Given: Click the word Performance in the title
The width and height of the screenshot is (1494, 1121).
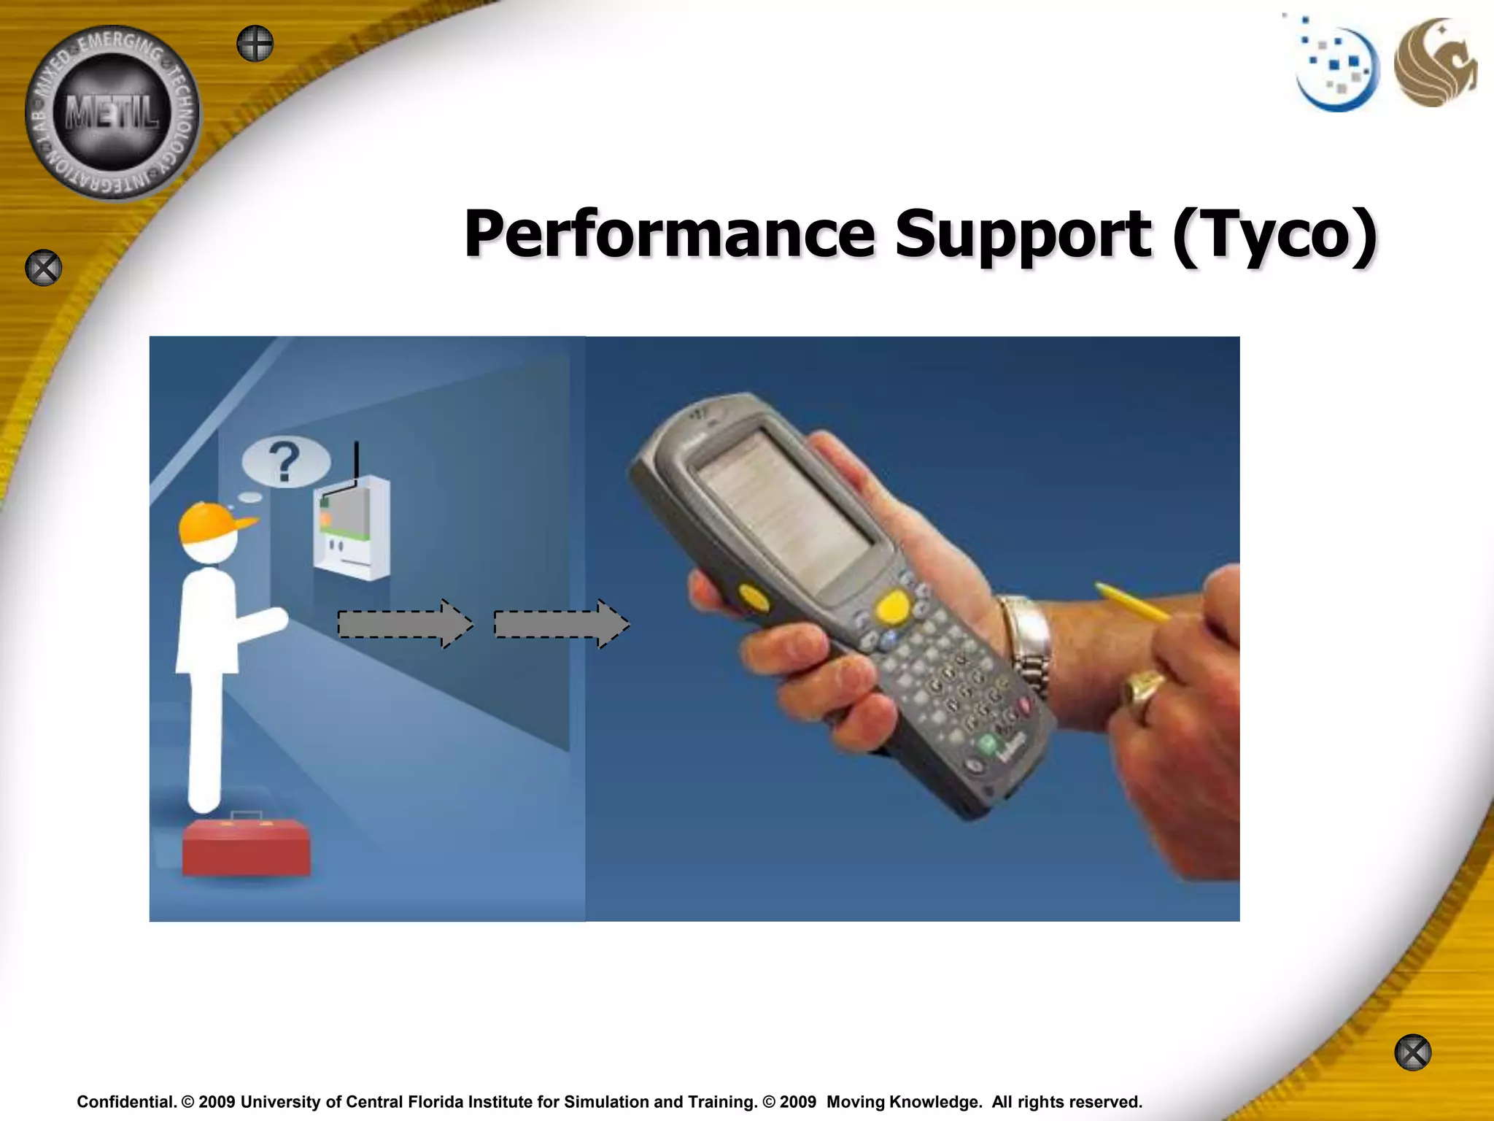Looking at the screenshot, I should pyautogui.click(x=669, y=235).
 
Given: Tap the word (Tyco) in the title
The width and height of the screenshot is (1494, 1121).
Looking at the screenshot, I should pyautogui.click(x=1275, y=235).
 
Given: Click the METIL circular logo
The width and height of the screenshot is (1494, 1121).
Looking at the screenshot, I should pyautogui.click(x=112, y=113).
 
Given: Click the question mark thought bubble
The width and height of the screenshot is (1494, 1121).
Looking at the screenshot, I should pyautogui.click(x=285, y=462).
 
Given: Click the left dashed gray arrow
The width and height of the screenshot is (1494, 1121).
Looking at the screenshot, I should pyautogui.click(x=405, y=624).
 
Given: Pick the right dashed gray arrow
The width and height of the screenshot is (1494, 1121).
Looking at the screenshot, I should pyautogui.click(x=561, y=624).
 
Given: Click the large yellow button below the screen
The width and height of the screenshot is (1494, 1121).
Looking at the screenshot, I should pyautogui.click(x=891, y=607).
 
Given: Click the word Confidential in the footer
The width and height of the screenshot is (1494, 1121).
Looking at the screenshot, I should pyautogui.click(x=126, y=1102).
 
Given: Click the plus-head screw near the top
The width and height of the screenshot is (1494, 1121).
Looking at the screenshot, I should pyautogui.click(x=255, y=44).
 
